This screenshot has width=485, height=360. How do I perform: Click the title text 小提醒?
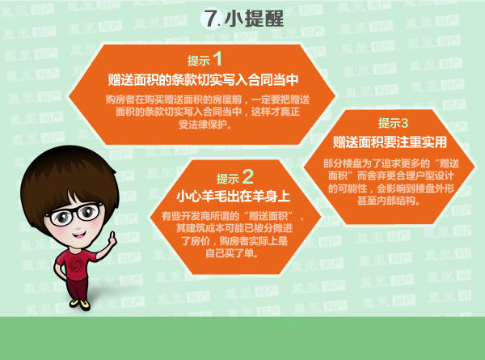tap(254, 19)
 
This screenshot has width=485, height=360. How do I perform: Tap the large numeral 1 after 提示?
tap(217, 58)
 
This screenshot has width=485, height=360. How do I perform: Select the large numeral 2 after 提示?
tap(247, 176)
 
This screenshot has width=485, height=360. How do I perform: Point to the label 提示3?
tap(393, 123)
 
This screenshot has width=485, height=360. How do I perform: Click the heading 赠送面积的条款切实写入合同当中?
tap(203, 79)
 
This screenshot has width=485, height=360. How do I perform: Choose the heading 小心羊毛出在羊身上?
tap(234, 197)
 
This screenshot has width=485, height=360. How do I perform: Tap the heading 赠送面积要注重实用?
tap(390, 142)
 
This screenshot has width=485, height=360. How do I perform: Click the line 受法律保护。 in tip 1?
tap(205, 125)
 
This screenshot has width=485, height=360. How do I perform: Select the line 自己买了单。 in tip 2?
tap(232, 253)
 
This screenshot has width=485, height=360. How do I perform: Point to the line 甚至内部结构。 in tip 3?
tap(389, 201)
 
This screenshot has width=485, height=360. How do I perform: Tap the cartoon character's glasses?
tap(74, 214)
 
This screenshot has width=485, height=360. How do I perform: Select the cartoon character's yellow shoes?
tap(80, 303)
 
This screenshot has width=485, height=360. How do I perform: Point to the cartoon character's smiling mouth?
tap(79, 235)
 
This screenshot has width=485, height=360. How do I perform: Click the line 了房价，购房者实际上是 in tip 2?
tap(234, 240)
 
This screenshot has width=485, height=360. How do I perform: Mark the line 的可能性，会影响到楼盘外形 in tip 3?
tap(390, 188)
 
